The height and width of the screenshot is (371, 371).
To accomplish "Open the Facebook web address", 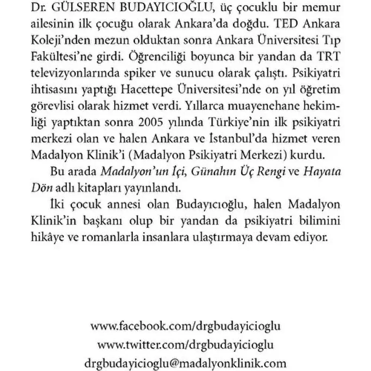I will pyautogui.click(x=185, y=326).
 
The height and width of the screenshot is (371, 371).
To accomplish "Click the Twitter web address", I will pyautogui.click(x=185, y=345).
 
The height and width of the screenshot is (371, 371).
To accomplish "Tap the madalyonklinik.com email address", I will pyautogui.click(x=185, y=363).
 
